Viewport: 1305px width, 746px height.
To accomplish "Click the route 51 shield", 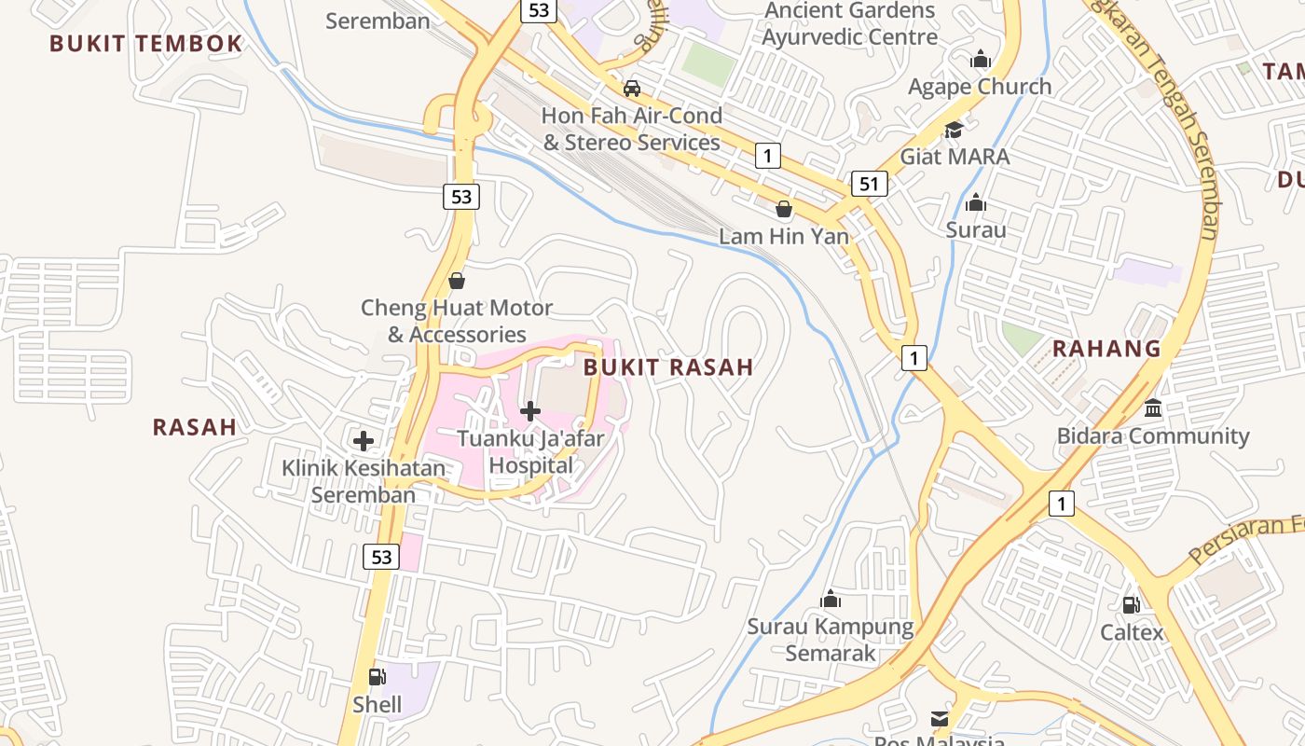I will point(869,184).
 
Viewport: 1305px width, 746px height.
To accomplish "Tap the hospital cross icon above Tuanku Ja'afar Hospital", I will point(530,410).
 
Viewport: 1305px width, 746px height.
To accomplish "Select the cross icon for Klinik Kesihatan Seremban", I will point(364,441).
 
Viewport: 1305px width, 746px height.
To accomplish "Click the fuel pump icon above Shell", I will point(377,677).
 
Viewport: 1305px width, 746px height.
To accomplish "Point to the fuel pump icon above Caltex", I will point(1131,605).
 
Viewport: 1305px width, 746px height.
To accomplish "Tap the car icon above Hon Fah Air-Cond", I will point(631,89).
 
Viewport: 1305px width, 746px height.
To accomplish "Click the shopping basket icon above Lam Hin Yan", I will point(783,209).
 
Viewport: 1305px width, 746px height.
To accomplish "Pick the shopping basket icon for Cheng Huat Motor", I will point(457,280).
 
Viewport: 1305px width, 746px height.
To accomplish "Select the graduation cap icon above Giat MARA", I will point(954,130).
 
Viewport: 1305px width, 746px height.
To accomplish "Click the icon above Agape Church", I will point(980,61).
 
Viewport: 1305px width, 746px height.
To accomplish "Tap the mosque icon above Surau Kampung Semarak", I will point(830,599).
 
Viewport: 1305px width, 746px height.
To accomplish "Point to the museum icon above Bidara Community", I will point(1153,408).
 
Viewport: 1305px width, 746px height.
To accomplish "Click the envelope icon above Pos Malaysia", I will point(939,719).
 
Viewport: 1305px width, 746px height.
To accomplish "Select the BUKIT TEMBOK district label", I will point(145,44).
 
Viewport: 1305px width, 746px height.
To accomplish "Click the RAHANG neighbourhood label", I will point(1106,349).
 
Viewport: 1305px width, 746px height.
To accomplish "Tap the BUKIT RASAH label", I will point(668,367).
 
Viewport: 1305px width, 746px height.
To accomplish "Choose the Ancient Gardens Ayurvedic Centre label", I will point(849,24).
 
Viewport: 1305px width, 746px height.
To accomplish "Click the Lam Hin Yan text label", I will point(784,237).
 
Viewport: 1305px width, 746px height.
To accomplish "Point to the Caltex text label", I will point(1132,633).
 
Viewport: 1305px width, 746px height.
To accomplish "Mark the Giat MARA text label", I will point(955,157).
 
